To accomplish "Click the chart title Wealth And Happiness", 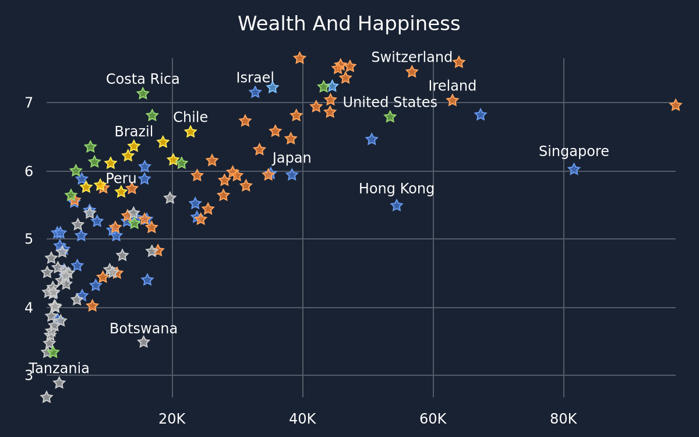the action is click(x=349, y=24).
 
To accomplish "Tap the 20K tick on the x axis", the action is click(x=172, y=419).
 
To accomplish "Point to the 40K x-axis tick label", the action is click(x=302, y=419).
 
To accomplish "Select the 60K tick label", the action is click(x=433, y=419).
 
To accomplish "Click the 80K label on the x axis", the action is click(x=563, y=419).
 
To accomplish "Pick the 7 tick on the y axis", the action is click(x=29, y=103).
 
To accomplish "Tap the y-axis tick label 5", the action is click(x=29, y=239).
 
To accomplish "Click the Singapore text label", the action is click(x=574, y=151).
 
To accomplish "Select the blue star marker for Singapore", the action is click(x=574, y=170).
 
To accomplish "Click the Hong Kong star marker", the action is click(x=397, y=205).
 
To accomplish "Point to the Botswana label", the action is click(x=143, y=329).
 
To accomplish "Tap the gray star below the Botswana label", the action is click(x=143, y=342).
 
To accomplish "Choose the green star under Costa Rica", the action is click(x=143, y=93).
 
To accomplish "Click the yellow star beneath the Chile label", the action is click(x=190, y=132).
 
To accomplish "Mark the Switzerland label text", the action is click(x=412, y=58).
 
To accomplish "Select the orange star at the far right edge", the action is click(x=676, y=105).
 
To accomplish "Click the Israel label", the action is click(x=255, y=77).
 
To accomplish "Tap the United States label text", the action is click(x=390, y=102).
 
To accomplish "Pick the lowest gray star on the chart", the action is click(x=47, y=397).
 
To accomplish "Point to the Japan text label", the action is click(x=291, y=158).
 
